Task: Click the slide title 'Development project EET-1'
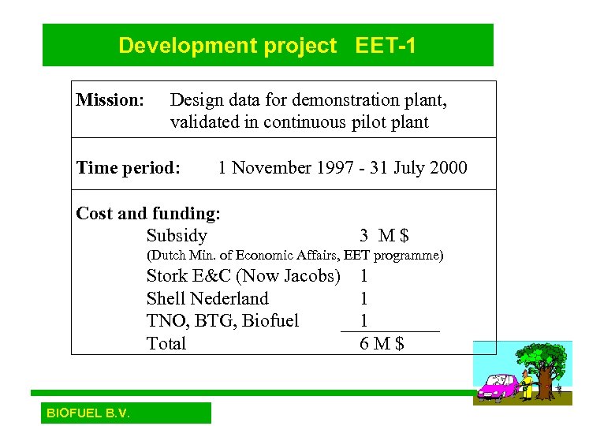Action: click(267, 46)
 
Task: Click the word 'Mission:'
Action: click(110, 100)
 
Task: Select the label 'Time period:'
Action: click(128, 168)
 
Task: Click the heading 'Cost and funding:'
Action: click(148, 213)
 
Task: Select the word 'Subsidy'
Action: click(177, 236)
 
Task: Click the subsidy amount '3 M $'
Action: click(384, 236)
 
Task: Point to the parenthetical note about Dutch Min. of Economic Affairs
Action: click(295, 256)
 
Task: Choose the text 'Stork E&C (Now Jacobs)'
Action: click(243, 276)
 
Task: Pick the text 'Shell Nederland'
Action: click(207, 298)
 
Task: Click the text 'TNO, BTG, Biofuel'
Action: click(222, 320)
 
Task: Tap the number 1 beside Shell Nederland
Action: click(363, 298)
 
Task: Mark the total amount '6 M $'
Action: click(382, 343)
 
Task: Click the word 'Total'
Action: click(166, 343)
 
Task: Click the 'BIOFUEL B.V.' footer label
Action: click(88, 413)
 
